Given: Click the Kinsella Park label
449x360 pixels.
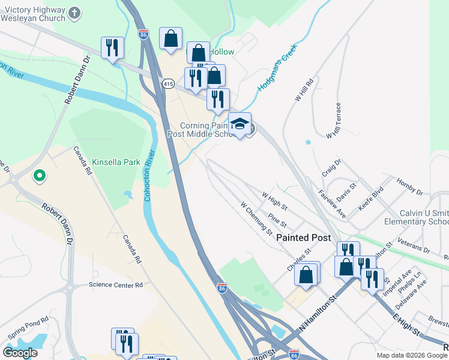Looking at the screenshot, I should click(116, 163).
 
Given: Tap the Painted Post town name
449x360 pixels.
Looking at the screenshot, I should click(304, 238).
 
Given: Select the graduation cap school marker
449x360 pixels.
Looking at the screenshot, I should click(240, 124).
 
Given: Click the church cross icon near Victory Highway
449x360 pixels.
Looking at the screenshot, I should click(74, 13).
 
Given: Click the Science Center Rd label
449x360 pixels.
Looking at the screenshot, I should click(116, 285).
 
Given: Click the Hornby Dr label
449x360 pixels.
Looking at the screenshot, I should click(409, 185).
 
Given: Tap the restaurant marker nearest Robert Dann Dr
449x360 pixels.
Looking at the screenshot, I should click(112, 47).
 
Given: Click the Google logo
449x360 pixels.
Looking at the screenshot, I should click(20, 352).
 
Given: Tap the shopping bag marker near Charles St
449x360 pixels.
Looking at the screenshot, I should click(306, 274).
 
